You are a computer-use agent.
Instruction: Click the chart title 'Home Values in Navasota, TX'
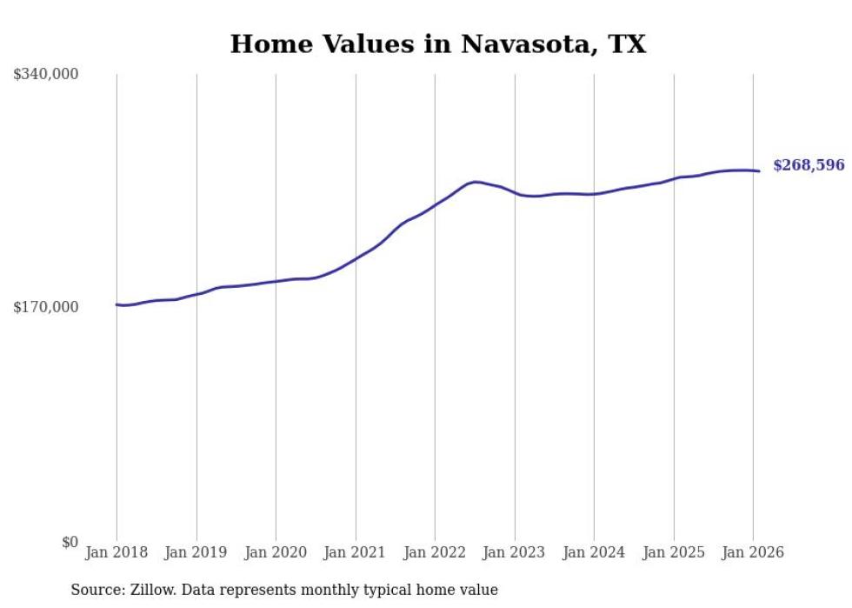(x=437, y=44)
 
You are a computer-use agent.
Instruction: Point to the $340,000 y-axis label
(x=46, y=75)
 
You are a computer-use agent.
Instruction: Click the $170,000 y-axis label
(x=46, y=307)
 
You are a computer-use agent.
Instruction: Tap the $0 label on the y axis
(x=70, y=542)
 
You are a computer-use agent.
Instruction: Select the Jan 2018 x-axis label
(x=116, y=553)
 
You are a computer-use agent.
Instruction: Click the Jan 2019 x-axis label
(x=196, y=553)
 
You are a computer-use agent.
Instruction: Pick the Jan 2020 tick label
(x=276, y=553)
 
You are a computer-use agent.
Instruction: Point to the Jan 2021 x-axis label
(x=356, y=553)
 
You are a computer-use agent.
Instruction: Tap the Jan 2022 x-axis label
(x=435, y=553)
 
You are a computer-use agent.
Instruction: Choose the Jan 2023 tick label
(x=515, y=553)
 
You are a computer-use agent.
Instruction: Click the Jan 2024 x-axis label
(x=594, y=553)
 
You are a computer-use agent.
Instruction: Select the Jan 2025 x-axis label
(x=674, y=553)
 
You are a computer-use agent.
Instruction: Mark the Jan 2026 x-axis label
(x=753, y=553)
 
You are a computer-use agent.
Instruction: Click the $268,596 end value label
(x=809, y=165)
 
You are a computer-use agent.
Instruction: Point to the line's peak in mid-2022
(x=476, y=182)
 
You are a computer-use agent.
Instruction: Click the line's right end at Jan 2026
(x=759, y=170)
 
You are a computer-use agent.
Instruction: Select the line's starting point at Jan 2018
(x=116, y=304)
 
